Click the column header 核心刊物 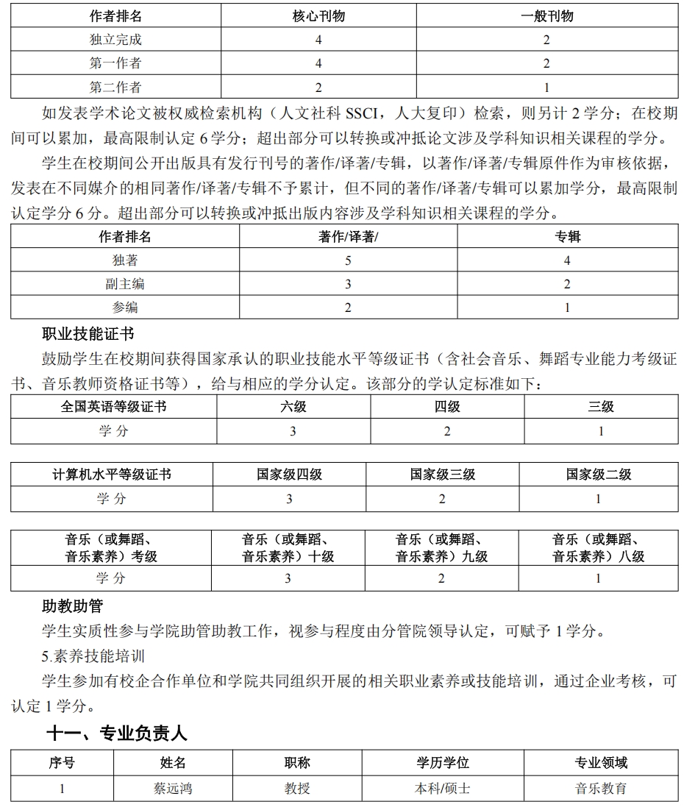coord(318,15)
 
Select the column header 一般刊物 coord(546,15)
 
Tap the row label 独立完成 coord(115,40)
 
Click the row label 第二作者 coord(115,88)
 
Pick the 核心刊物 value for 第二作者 coord(318,88)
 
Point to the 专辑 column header coord(567,236)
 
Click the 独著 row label coord(125,260)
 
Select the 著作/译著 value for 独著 coord(348,260)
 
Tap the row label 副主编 coord(125,284)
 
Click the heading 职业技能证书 coord(88,335)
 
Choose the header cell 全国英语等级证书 coord(113,407)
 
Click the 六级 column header coord(293,407)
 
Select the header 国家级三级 coord(442,475)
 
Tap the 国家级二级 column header coord(598,475)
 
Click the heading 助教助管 coord(73,607)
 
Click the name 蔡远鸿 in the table coord(173,789)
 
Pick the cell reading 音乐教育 coord(601,789)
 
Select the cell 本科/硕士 coord(442,789)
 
